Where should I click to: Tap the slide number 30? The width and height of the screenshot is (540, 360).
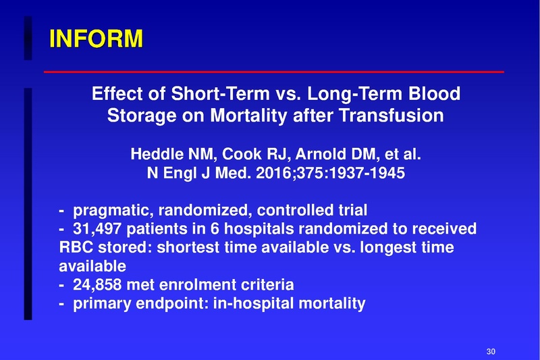tap(491, 351)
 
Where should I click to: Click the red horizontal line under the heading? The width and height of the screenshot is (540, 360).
tap(273, 71)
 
